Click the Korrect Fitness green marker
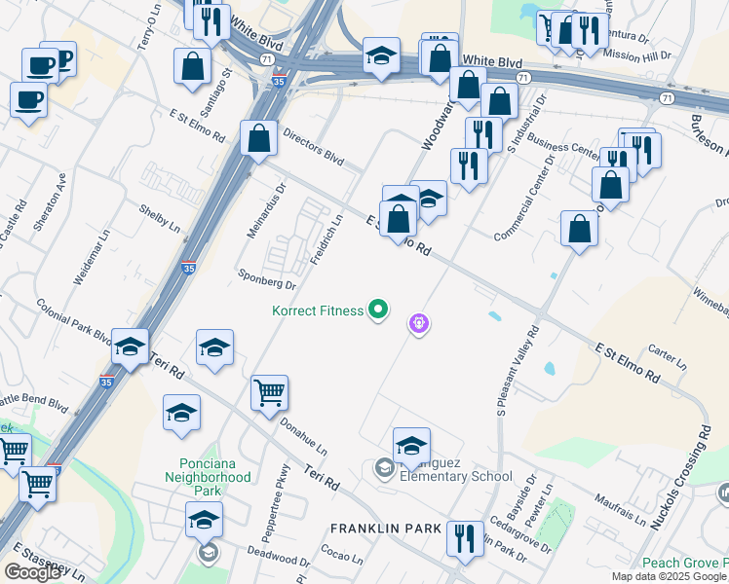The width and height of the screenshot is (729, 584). point(378,311)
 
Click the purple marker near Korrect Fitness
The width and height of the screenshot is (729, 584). point(420,323)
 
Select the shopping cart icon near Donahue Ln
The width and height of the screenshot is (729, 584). point(269,394)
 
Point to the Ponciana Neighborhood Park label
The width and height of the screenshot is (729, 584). point(213,470)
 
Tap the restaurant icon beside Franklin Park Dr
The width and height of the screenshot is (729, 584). point(465,538)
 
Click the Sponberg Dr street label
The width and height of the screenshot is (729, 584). point(267,279)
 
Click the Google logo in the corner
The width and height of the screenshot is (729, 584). point(32,572)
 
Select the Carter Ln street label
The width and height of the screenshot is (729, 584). point(668,355)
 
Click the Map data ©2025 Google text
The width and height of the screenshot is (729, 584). point(670,576)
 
